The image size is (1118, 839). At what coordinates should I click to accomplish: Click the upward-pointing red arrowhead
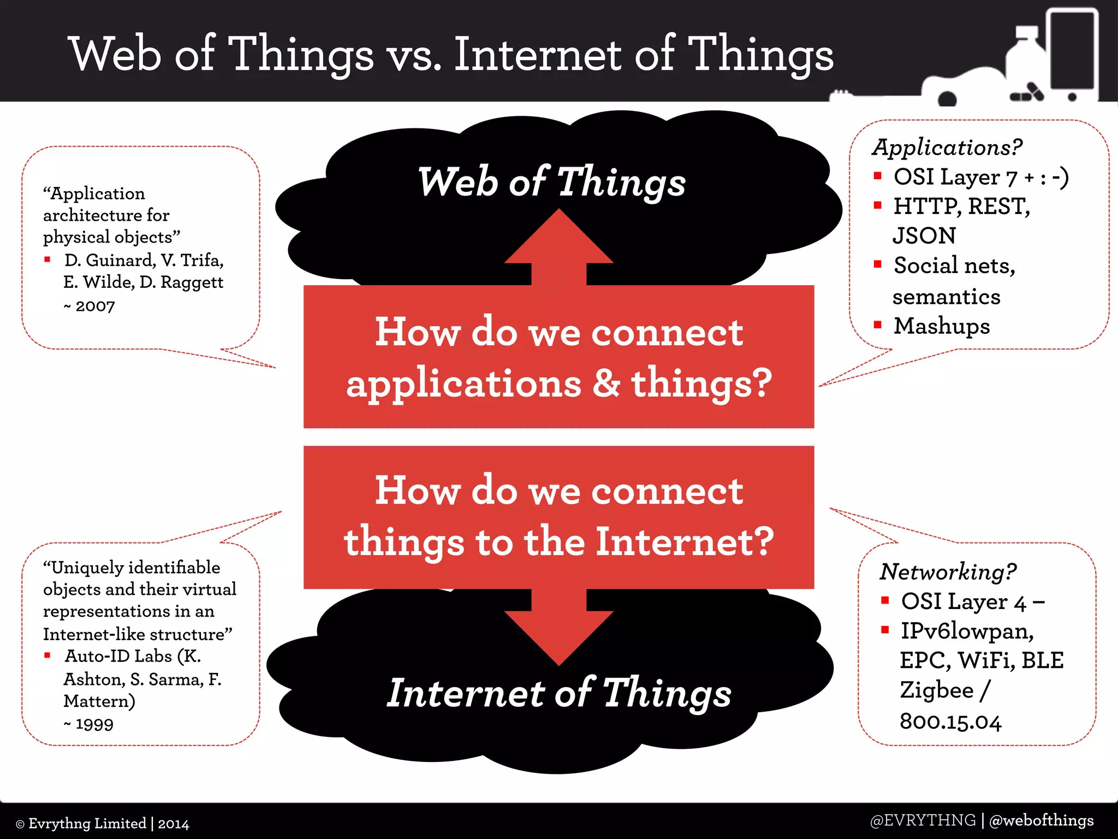tap(558, 240)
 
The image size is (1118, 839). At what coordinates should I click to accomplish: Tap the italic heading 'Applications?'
tap(947, 147)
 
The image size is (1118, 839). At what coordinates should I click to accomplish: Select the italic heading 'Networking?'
tap(948, 572)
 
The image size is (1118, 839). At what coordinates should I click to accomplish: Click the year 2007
tap(95, 306)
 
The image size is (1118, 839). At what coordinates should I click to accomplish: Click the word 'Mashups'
tap(942, 326)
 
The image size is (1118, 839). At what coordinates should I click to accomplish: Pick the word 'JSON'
tap(924, 236)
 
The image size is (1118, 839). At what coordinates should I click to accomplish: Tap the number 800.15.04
tap(950, 722)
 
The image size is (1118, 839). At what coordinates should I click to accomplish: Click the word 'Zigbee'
tap(937, 690)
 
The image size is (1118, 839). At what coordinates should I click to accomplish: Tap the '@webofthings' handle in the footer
tap(1041, 820)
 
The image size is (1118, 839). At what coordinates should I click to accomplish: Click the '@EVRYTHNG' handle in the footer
tap(923, 820)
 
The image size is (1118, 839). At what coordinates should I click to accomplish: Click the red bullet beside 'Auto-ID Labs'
tap(47, 655)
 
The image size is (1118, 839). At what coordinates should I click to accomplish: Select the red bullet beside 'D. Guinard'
tap(47, 259)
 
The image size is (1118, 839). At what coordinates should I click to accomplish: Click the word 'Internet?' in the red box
tap(685, 542)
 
